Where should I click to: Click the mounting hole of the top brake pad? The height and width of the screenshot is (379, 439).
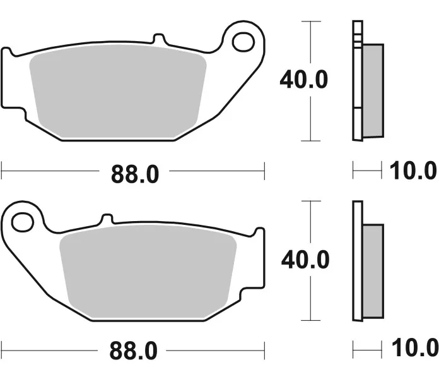[243, 42]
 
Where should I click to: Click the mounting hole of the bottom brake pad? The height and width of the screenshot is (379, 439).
[23, 222]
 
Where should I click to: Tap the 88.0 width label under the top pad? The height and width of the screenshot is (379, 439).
[135, 174]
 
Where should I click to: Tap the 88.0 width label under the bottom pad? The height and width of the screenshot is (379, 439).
[133, 351]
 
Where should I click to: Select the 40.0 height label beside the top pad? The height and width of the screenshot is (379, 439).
[304, 80]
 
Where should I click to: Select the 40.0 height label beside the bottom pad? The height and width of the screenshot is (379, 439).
[305, 260]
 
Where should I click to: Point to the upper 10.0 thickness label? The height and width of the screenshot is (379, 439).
[413, 171]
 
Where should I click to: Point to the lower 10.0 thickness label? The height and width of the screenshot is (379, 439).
[415, 347]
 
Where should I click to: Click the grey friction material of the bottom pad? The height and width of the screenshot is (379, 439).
[148, 272]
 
